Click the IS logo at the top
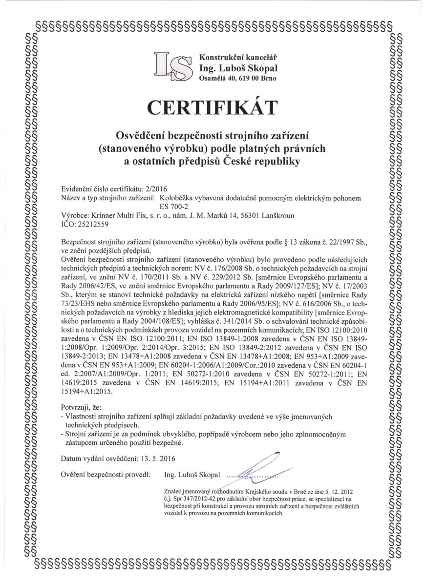tap(172, 67)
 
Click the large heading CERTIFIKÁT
tap(213, 106)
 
